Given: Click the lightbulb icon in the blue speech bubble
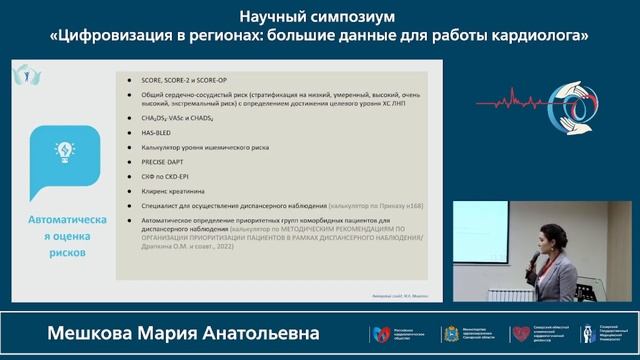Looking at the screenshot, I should click(64, 152).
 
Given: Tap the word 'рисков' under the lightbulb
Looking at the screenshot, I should click(64, 253).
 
